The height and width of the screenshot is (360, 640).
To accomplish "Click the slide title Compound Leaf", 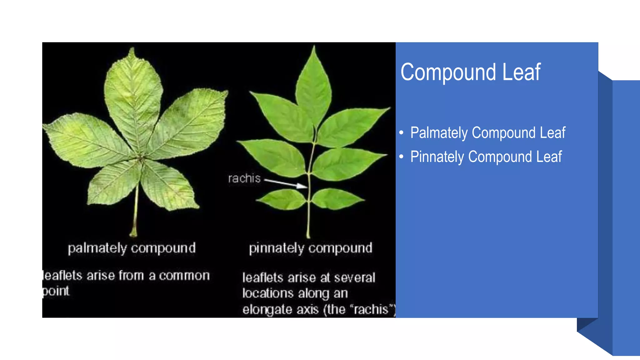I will (x=470, y=72).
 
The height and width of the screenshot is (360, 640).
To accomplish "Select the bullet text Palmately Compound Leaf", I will (x=487, y=133).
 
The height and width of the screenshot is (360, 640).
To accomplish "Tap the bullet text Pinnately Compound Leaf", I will (x=486, y=157).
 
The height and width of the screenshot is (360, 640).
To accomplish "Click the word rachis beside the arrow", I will (x=244, y=178).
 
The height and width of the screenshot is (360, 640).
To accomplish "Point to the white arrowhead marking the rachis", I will (x=302, y=186).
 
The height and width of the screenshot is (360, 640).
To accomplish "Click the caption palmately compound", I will (x=132, y=248).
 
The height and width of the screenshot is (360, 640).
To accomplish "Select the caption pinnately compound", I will (x=311, y=248).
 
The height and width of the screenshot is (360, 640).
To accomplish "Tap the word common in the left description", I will (x=184, y=276).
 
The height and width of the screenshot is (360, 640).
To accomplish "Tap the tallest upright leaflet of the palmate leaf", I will (x=133, y=97).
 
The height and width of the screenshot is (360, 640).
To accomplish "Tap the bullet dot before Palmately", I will (x=401, y=133).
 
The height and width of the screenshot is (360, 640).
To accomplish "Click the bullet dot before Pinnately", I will (x=401, y=157).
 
